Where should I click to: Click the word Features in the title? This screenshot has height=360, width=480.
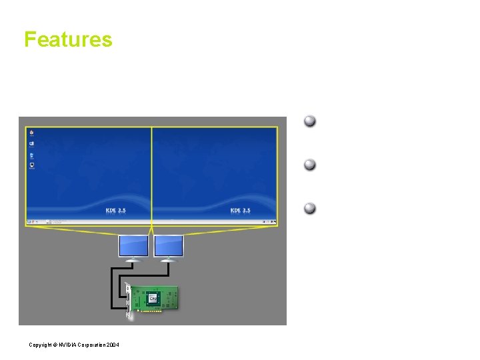point(68,39)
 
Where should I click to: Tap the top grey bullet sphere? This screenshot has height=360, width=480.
point(310,121)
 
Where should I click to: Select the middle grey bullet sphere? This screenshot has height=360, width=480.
point(310,165)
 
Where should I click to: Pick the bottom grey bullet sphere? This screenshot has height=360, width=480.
point(310,208)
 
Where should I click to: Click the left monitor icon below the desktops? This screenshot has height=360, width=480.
point(133,245)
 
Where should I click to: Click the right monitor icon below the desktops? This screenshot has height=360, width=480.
point(169,245)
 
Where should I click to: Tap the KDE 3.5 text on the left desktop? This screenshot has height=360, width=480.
point(116,211)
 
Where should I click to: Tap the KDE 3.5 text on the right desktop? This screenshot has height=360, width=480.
point(240,211)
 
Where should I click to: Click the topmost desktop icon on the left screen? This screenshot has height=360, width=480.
point(31,133)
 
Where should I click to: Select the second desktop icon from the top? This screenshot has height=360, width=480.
point(31,144)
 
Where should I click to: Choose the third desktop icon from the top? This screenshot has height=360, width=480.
point(31,155)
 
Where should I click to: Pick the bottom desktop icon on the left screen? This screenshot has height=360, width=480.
point(31,166)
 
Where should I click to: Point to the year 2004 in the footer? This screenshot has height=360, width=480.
point(113,344)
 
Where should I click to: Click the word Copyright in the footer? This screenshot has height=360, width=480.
point(42,344)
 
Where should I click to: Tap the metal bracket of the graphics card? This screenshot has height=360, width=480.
point(128,300)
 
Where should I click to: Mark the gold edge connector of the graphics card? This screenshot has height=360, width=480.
point(153,310)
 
